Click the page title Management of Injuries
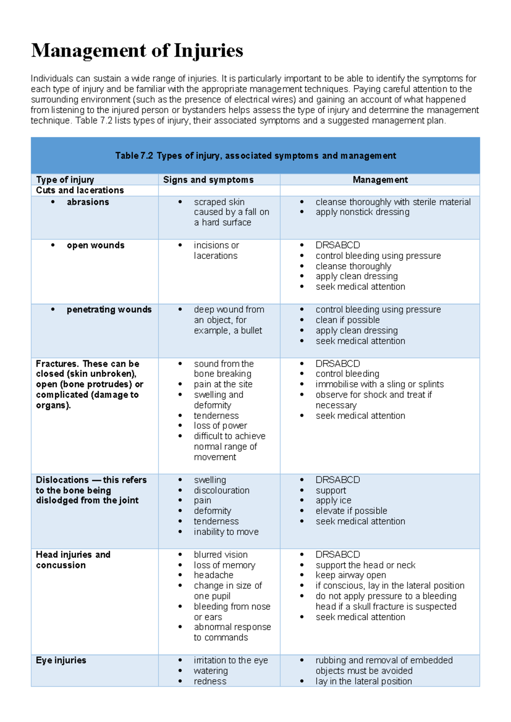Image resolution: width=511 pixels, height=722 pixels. (137, 51)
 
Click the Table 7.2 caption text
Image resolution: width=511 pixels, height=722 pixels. (255, 156)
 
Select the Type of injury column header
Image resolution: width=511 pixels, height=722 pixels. (65, 180)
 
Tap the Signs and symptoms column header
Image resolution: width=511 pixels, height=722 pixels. (208, 180)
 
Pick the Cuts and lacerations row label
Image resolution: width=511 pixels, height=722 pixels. (80, 190)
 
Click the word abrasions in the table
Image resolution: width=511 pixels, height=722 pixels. (88, 202)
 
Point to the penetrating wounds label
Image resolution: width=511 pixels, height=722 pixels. (109, 309)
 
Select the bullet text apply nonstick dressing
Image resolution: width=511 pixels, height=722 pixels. (362, 212)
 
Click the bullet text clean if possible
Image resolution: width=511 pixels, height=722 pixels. (347, 320)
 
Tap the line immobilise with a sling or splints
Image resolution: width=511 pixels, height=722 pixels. (379, 384)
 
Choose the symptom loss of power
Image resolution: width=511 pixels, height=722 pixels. (220, 426)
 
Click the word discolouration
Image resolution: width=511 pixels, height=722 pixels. (221, 490)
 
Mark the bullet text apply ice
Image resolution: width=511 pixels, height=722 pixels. (333, 501)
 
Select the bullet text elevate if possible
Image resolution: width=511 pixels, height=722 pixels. (351, 511)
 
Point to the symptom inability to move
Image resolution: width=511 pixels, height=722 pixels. (226, 532)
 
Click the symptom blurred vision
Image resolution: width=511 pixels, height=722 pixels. (221, 555)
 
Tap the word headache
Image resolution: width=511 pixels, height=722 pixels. (213, 575)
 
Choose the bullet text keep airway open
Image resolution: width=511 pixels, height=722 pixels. (350, 575)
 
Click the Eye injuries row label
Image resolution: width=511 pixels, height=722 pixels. (61, 660)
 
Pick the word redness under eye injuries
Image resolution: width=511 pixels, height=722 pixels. (210, 681)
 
